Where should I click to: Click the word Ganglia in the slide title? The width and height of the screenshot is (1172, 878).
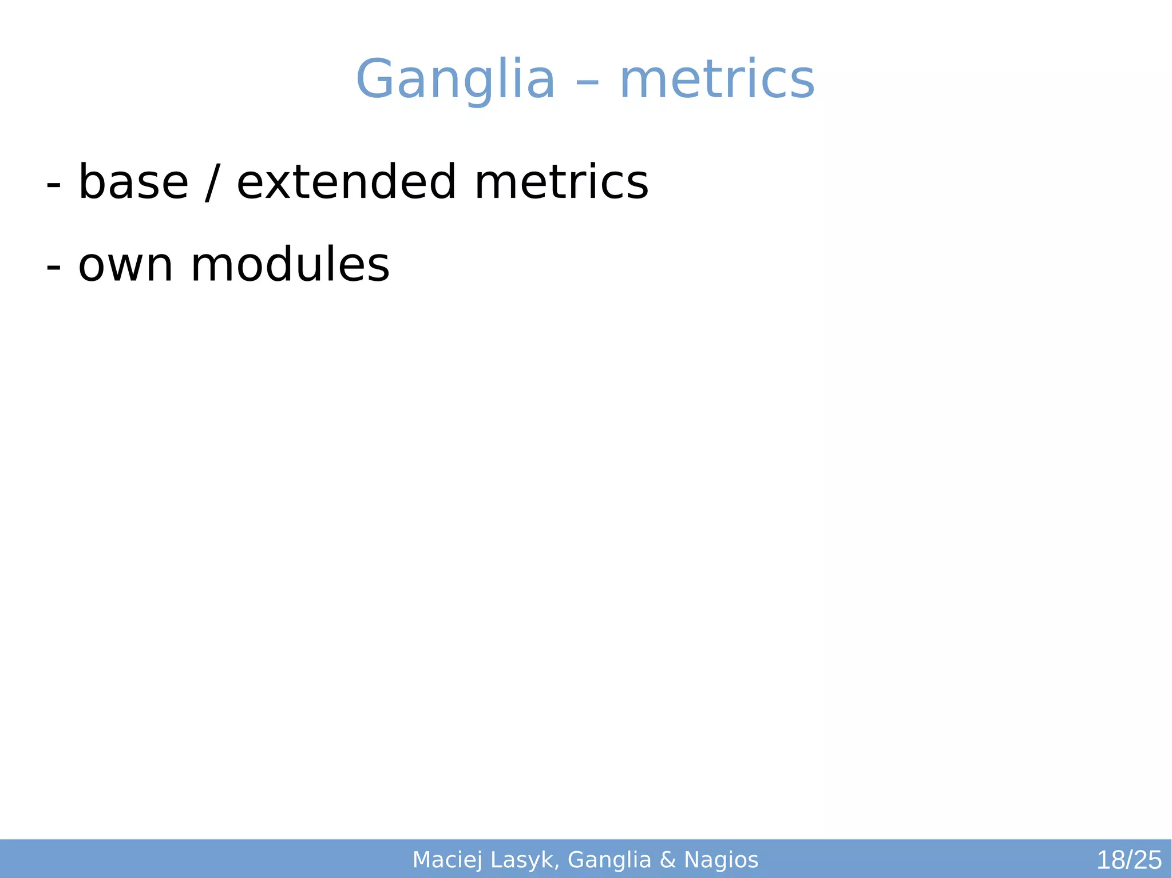[455, 80]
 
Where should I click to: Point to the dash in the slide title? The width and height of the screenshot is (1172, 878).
[587, 83]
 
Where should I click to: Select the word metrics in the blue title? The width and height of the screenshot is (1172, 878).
[717, 80]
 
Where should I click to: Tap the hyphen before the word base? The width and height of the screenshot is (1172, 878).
[53, 186]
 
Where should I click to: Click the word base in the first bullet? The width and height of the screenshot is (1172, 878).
[133, 183]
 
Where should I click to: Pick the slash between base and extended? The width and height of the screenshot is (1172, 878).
[212, 183]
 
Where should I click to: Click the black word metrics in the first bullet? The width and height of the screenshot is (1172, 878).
[561, 183]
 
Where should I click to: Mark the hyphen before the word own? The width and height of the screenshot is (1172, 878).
[53, 268]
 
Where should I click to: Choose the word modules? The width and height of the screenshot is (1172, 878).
[290, 265]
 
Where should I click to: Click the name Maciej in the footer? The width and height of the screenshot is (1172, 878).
[448, 860]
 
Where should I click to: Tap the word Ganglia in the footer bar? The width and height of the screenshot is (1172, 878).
[609, 860]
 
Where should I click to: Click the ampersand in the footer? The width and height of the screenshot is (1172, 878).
[668, 860]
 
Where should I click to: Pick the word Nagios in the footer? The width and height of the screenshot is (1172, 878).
[721, 860]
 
